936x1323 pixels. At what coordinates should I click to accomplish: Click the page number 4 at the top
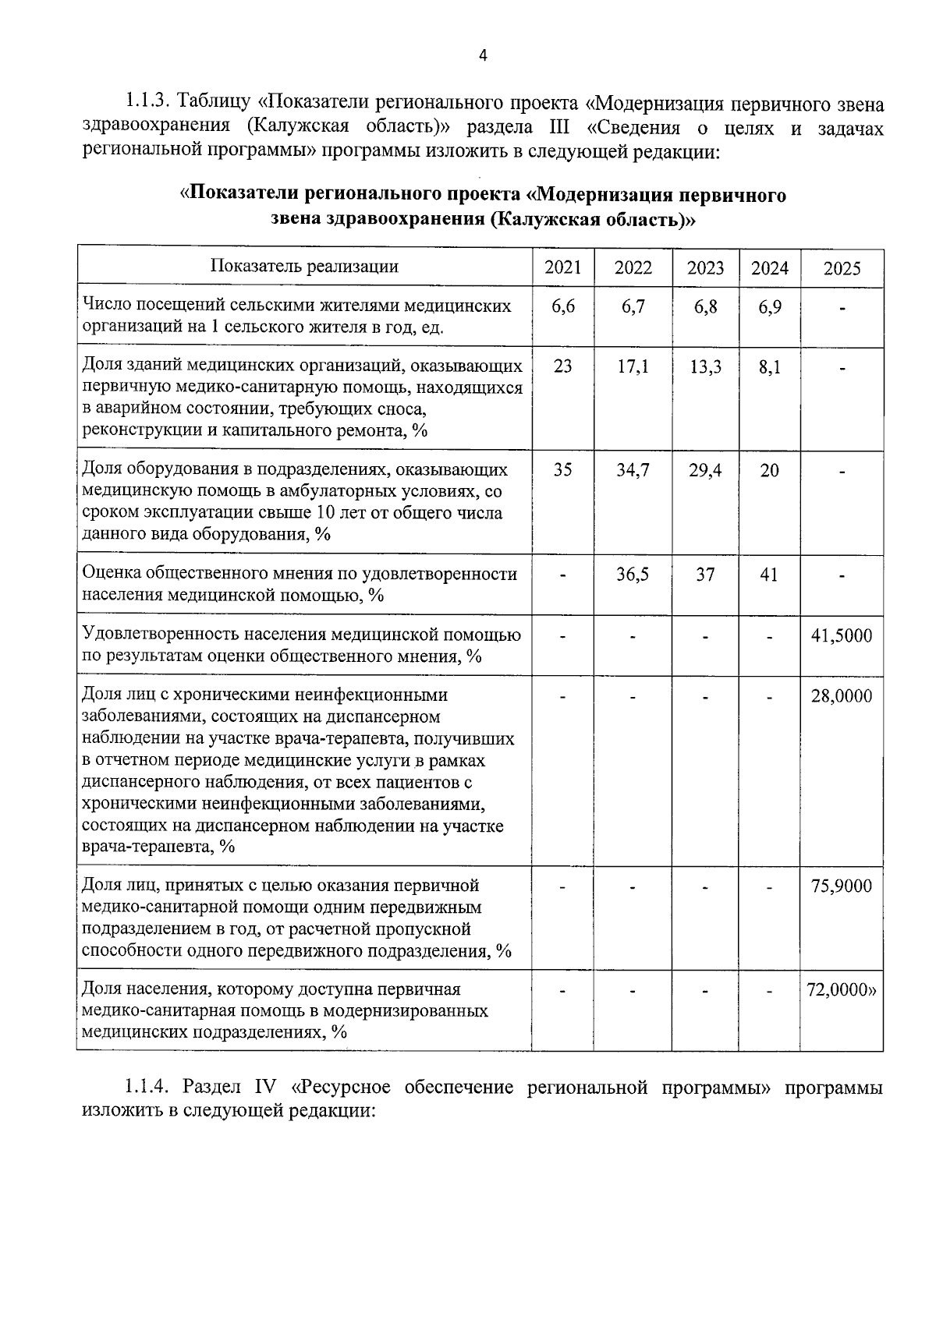pos(482,55)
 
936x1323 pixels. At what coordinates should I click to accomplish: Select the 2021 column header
pos(562,267)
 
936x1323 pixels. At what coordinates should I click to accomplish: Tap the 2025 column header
pos(842,268)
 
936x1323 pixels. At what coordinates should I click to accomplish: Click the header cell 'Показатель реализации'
pos(304,267)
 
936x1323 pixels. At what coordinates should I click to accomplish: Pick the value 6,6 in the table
pos(562,307)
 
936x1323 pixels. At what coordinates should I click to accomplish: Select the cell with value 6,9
pos(769,307)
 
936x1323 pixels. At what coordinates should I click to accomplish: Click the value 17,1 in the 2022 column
pos(633,366)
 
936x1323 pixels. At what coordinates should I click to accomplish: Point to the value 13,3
pos(705,366)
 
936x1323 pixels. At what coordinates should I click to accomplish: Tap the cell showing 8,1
pos(769,366)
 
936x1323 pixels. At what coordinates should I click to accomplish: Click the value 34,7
pos(633,470)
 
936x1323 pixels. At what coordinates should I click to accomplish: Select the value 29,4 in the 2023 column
pos(705,470)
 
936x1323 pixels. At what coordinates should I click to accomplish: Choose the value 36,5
pos(633,575)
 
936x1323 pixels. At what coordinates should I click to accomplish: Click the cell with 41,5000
pos(842,635)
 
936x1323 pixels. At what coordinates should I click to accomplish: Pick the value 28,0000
pos(842,695)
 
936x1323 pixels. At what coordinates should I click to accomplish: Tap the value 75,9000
pos(842,886)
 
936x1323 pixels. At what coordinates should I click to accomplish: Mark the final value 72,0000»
pos(842,990)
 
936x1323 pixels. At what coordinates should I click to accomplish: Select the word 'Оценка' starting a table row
pos(110,575)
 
